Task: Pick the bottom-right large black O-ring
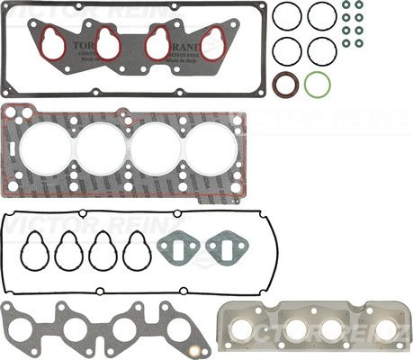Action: (321, 50)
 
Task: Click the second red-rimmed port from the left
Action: (108, 43)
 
